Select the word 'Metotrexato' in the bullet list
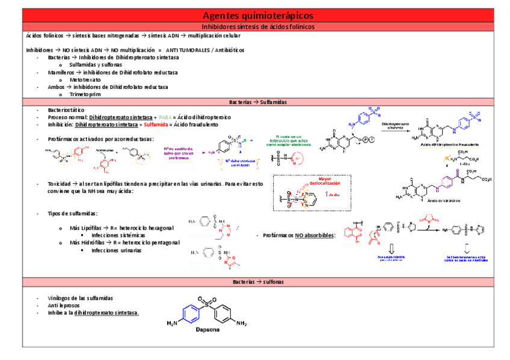pos(85,79)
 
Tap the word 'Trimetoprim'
pos(84,94)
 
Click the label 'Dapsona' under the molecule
pos(207,329)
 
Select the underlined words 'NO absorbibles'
pos(314,236)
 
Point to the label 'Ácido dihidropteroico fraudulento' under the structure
pos(450,145)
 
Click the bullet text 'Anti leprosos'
pos(64,305)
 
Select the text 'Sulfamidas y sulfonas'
pos(96,64)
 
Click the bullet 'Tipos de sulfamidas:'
pos(73,213)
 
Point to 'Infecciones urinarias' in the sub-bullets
pos(117,250)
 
